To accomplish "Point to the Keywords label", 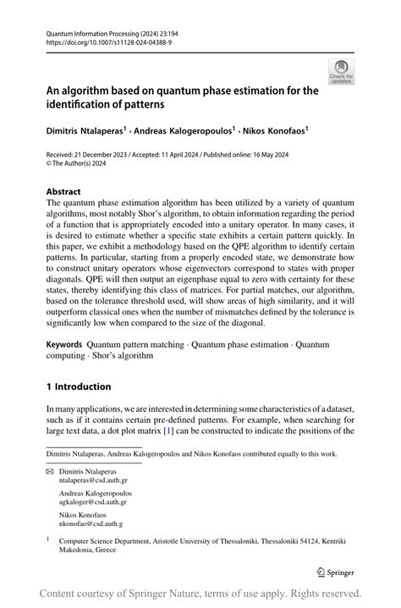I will pyautogui.click(x=64, y=346).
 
